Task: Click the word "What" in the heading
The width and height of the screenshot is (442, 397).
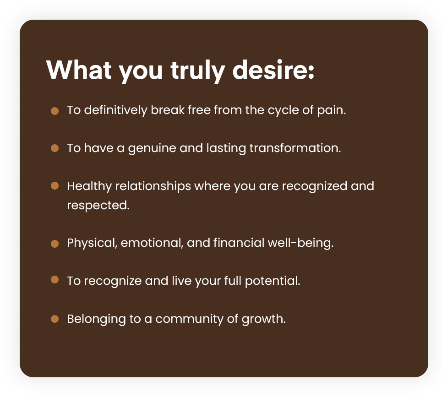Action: point(79,70)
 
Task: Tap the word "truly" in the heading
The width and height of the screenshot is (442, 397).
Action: point(197,71)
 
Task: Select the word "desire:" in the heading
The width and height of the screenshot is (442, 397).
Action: point(273,70)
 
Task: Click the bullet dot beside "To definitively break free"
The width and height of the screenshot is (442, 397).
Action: point(55,111)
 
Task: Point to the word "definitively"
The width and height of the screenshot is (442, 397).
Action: point(115,110)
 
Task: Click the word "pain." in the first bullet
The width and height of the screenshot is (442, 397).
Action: point(332,110)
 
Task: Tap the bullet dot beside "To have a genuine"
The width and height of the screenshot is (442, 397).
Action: point(55,148)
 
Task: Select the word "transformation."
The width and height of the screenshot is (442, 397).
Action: point(295,148)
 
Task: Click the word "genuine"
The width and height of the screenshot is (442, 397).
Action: point(152,148)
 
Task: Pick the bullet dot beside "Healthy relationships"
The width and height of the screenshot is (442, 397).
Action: point(55,186)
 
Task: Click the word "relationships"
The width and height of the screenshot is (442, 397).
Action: point(153,186)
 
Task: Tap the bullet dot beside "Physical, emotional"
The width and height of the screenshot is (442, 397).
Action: point(55,244)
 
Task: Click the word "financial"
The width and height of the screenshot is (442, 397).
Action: point(239,243)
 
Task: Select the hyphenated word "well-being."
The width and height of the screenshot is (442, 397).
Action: point(300,243)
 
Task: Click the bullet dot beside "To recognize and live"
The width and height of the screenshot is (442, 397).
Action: point(55,280)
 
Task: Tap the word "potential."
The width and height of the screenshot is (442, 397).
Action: point(273,281)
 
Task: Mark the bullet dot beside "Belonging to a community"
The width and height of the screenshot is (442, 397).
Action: point(55,319)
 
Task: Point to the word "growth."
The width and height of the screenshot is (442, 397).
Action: point(263,319)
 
